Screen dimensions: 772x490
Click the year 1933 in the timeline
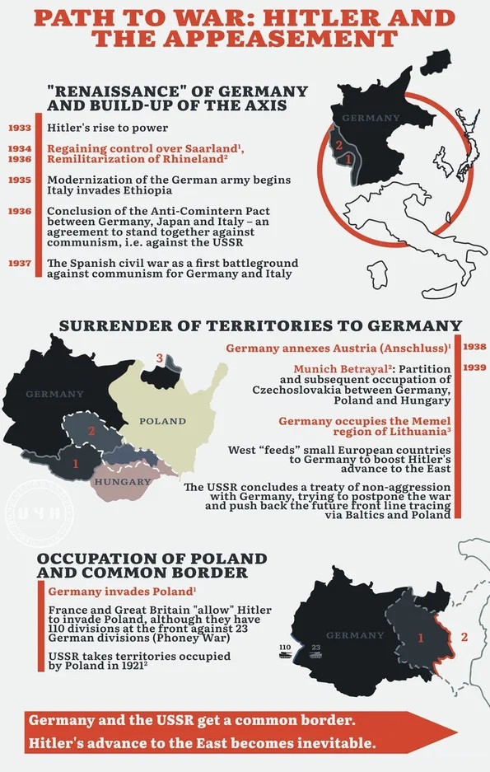click(x=20, y=128)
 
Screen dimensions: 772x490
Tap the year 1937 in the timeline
click(x=20, y=264)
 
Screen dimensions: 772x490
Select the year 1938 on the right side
click(x=475, y=347)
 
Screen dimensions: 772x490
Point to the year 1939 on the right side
click(x=475, y=367)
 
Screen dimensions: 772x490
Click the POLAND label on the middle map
click(x=162, y=421)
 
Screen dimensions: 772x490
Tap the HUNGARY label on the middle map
click(x=123, y=481)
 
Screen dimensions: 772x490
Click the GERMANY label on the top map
click(x=370, y=118)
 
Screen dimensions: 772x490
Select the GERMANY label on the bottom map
click(x=355, y=635)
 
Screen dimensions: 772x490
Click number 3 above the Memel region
click(x=160, y=357)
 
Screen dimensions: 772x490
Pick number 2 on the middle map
click(x=92, y=431)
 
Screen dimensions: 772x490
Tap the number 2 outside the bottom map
click(x=464, y=637)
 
